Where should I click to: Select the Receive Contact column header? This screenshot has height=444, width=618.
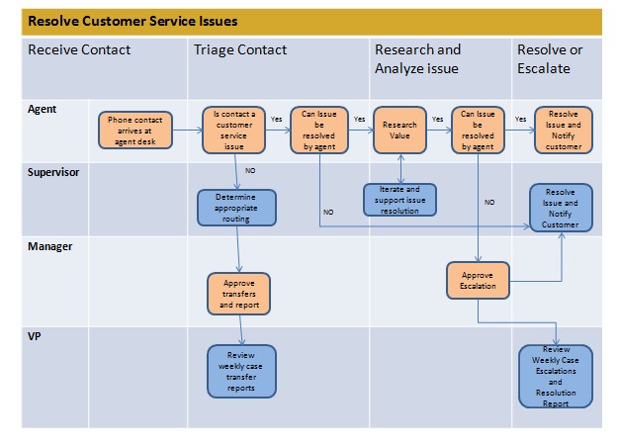point(78,49)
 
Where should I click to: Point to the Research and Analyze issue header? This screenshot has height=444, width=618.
point(417,58)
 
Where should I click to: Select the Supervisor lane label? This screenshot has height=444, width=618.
point(55,171)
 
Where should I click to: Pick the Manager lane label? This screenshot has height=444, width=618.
point(50,246)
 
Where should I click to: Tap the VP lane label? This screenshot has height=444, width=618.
point(35,336)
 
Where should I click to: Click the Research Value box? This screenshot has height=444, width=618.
point(399,131)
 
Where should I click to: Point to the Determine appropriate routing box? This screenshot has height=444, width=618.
point(235,208)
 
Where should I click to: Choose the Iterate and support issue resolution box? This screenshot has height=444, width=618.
point(399,200)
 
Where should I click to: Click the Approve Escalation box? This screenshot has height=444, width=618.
point(478,281)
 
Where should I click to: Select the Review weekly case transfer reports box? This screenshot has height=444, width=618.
point(240,371)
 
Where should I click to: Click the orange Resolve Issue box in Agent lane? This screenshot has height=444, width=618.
point(564,131)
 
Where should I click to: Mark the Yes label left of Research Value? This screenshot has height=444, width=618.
point(358,119)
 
